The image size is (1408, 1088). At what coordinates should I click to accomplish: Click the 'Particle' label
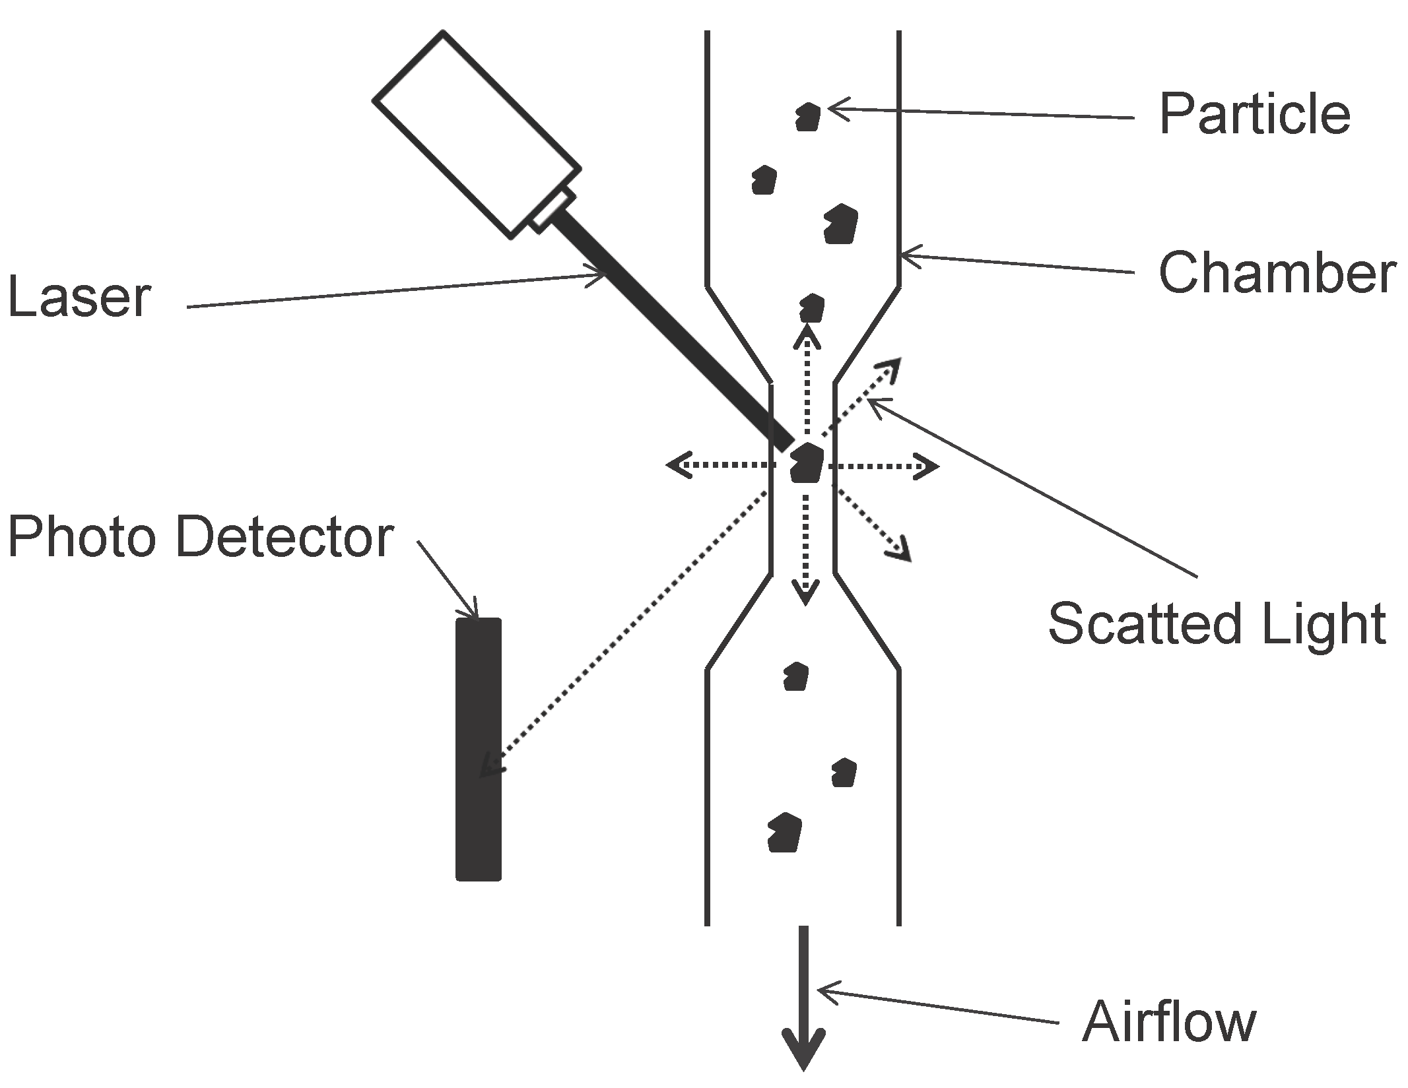pos(1254,115)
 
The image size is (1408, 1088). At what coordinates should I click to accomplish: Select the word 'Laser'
pos(79,298)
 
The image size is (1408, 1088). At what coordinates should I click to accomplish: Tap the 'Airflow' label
pos(1169,1022)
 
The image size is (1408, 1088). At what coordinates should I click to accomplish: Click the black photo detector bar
pos(479,749)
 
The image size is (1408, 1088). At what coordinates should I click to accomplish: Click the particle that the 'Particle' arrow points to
pos(807,117)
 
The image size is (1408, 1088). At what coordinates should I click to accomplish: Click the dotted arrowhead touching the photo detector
pos(489,766)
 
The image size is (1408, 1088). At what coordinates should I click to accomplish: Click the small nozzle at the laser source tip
pos(552,210)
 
